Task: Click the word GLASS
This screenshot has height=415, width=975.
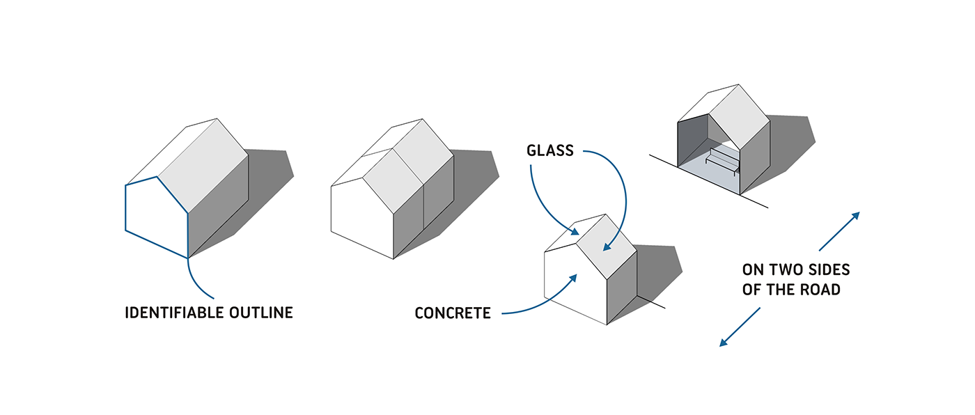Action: pos(549,150)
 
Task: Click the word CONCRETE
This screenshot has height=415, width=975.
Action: pos(453,313)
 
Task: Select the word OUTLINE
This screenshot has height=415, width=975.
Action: pos(261,313)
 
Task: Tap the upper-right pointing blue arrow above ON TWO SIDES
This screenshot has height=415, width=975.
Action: pos(840,231)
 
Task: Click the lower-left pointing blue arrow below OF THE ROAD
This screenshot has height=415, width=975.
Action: pos(740,327)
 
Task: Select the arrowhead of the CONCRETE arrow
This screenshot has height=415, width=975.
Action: pos(573,279)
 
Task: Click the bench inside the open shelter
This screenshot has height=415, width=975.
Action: pos(723,161)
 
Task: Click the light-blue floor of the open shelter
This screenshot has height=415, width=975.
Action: pos(714,175)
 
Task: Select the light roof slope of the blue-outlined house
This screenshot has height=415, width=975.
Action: pos(203,166)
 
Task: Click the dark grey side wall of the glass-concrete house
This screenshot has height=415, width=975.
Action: pos(622,287)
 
